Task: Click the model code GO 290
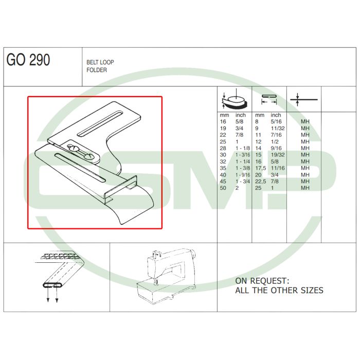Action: point(28,60)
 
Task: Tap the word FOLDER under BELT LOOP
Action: point(97,70)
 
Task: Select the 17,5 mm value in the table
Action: point(261,168)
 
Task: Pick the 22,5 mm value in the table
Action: point(261,182)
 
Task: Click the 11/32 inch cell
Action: point(278,128)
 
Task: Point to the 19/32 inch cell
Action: point(278,155)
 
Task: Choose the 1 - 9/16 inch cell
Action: point(243,175)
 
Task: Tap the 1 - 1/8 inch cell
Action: point(243,148)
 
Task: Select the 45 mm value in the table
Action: point(223,182)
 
